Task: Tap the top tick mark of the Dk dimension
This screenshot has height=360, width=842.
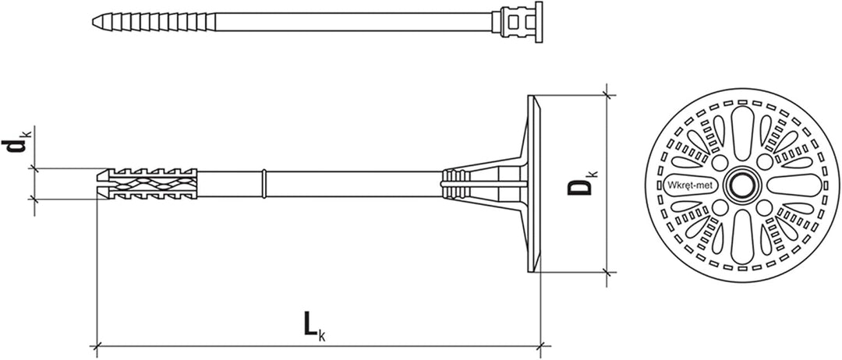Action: click(x=609, y=96)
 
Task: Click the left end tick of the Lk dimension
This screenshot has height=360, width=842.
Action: click(x=96, y=344)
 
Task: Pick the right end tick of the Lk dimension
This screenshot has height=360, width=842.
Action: click(x=542, y=344)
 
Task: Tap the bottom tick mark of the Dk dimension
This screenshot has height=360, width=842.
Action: click(x=609, y=273)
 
